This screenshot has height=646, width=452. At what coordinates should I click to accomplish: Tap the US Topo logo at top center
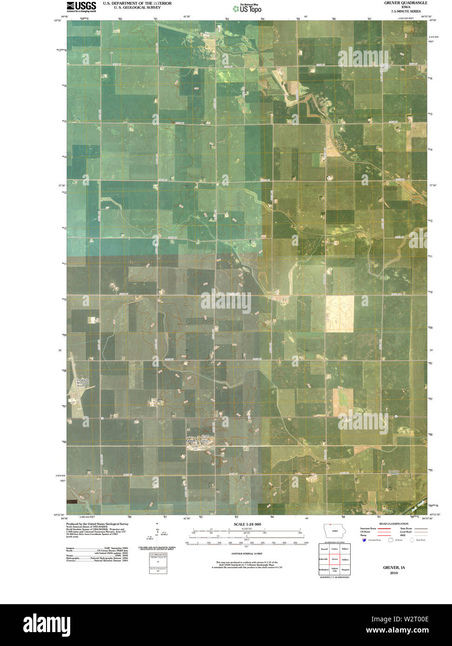tap(250, 7)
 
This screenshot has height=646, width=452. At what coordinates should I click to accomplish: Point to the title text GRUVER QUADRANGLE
tap(403, 3)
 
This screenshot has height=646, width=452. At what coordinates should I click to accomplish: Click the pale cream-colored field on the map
tap(339, 313)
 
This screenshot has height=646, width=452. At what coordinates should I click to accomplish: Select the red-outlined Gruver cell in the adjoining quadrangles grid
tap(334, 560)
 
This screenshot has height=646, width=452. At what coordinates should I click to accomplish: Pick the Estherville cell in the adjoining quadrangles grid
tap(324, 560)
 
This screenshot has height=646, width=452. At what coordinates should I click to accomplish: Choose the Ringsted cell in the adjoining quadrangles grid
tap(345, 570)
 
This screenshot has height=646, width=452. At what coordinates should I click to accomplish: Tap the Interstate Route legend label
tap(367, 528)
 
